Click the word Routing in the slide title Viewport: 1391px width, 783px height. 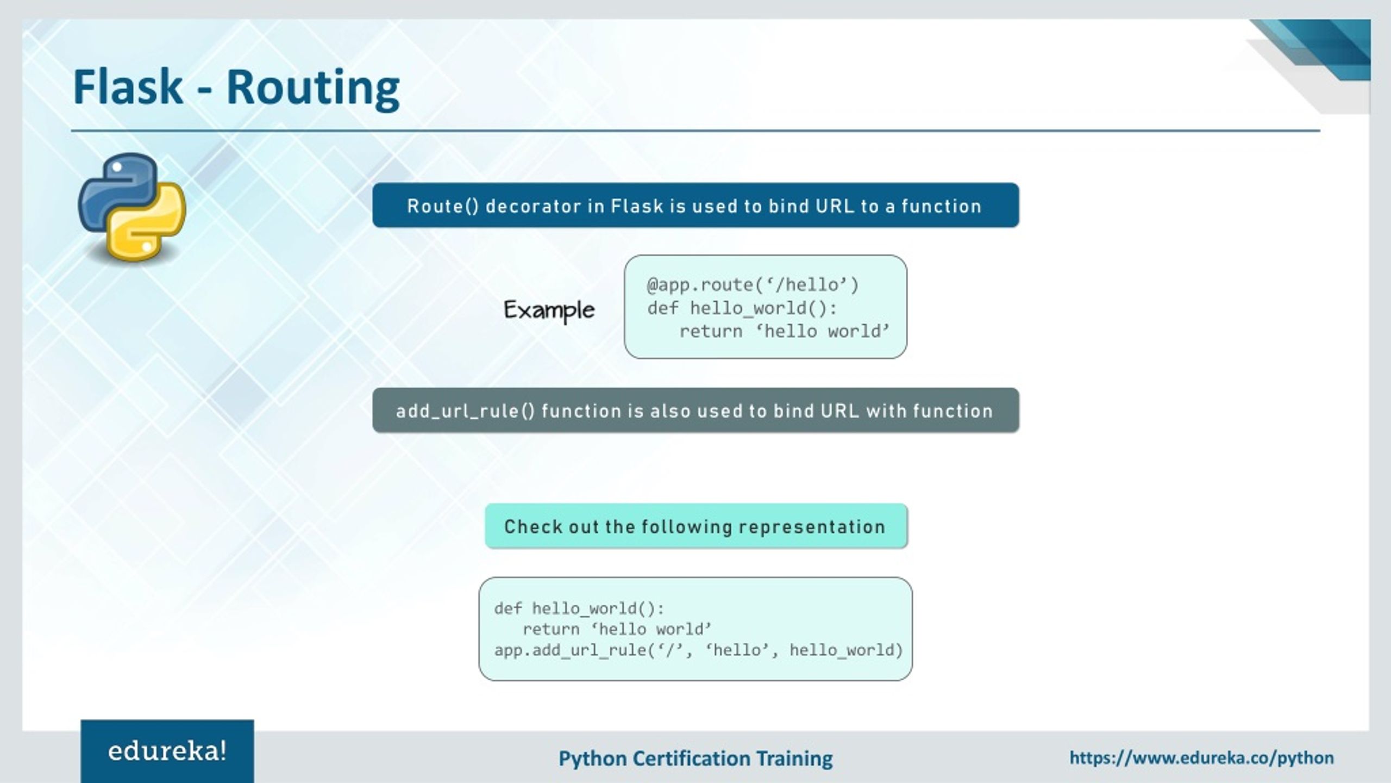click(x=312, y=89)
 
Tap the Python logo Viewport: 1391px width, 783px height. click(x=132, y=207)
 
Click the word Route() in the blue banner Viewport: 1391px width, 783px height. click(x=443, y=206)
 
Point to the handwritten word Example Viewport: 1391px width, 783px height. click(x=549, y=310)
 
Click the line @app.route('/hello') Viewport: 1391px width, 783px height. click(x=753, y=285)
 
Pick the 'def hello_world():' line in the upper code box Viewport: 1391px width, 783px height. click(x=742, y=308)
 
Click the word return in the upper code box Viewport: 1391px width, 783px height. click(x=710, y=331)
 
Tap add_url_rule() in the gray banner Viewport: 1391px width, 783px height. click(x=465, y=411)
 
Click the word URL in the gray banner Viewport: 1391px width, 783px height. click(x=840, y=411)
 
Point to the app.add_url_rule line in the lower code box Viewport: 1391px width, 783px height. click(x=698, y=650)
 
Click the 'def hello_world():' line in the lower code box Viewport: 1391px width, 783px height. click(x=579, y=608)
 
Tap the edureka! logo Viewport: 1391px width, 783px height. click(x=167, y=751)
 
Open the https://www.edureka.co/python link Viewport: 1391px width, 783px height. click(x=1201, y=757)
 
